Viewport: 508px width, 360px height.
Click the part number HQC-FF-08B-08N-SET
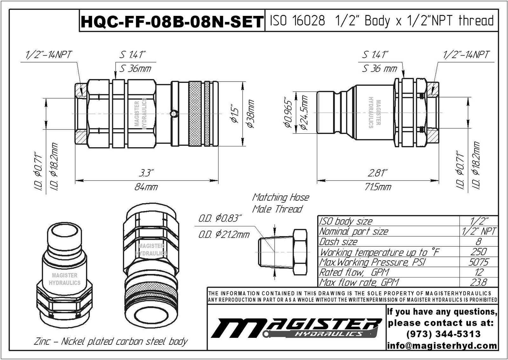172,22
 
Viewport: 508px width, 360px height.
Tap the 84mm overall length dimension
146,187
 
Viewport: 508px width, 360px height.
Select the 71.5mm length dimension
378,187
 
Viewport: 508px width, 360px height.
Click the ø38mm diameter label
251,114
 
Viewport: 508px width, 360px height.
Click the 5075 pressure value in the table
478,262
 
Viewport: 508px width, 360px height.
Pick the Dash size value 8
478,242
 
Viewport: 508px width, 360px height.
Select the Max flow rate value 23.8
478,282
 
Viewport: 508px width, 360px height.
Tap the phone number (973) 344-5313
443,334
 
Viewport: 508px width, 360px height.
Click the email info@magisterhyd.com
442,345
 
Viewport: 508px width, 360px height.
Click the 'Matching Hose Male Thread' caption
280,203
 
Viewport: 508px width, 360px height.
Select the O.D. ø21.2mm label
224,235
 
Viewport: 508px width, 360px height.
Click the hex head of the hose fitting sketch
300,252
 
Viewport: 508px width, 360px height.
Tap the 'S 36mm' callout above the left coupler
136,69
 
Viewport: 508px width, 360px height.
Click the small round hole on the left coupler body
172,114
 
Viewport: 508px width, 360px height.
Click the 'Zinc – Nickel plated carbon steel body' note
111,342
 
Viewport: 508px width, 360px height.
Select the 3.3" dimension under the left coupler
146,173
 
